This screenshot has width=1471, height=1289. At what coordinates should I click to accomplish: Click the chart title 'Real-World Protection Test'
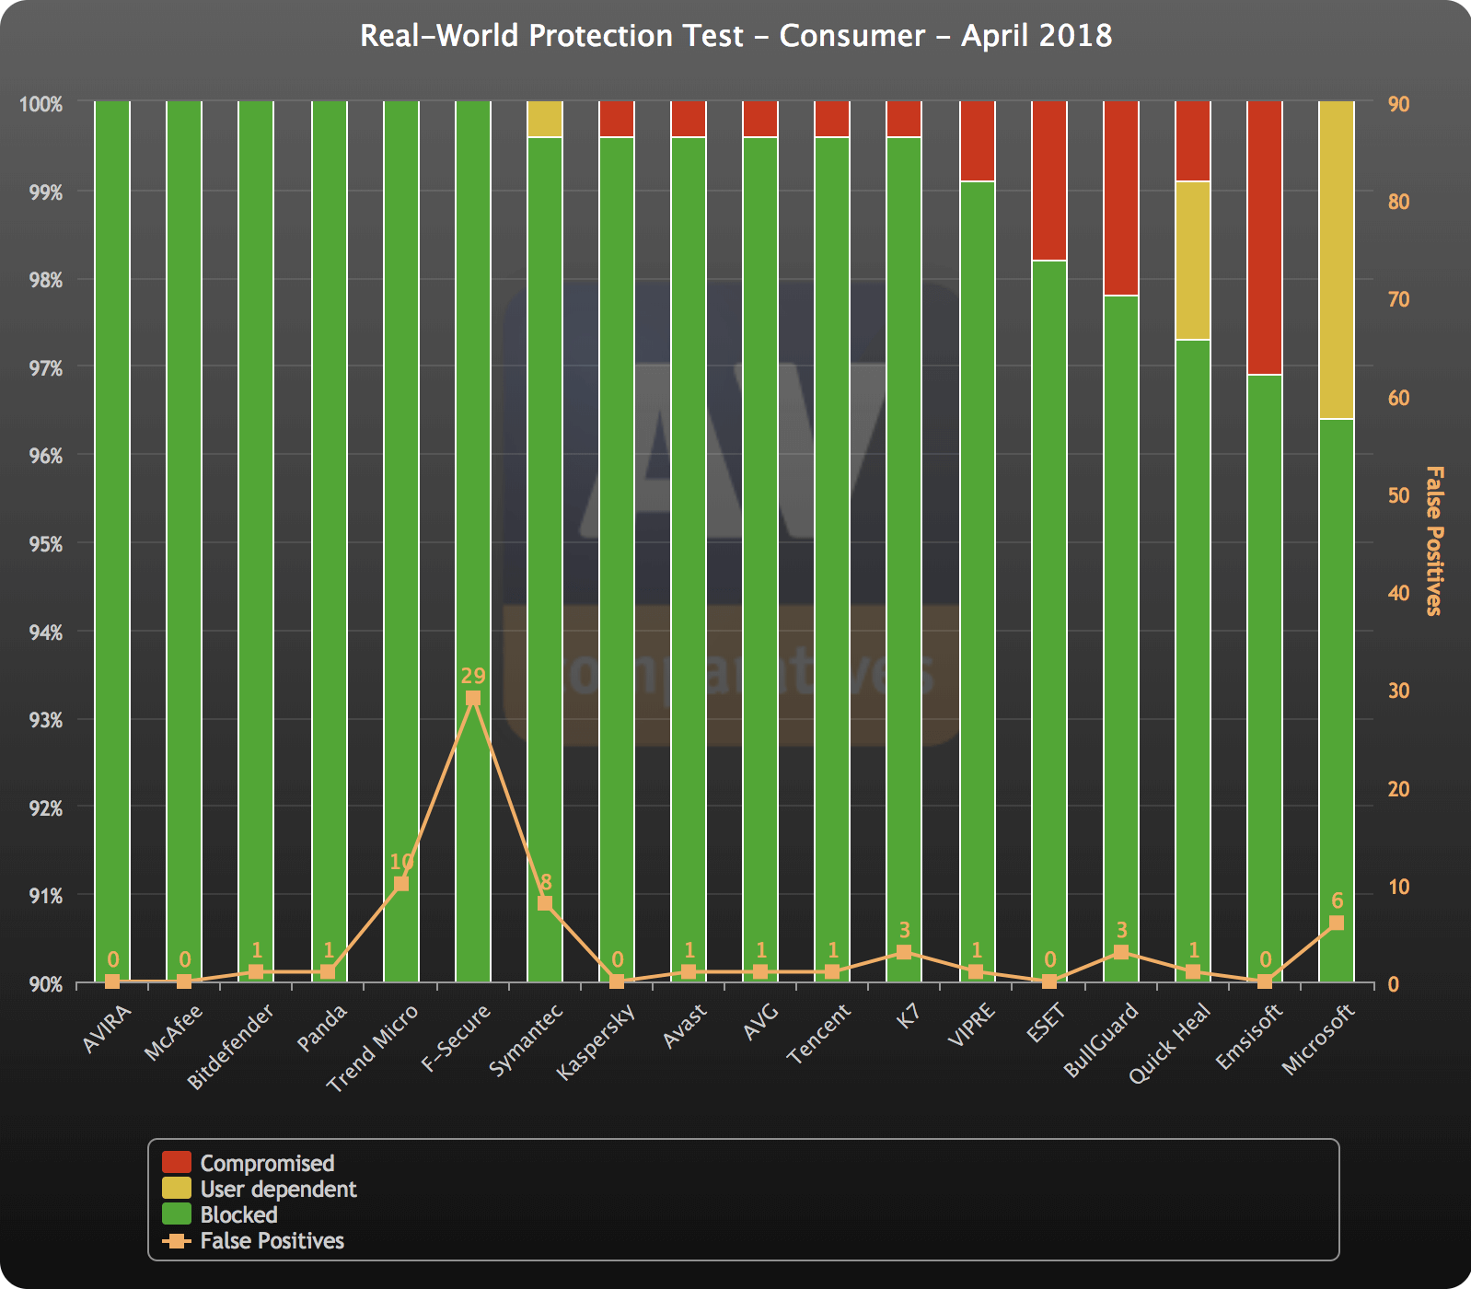(x=551, y=35)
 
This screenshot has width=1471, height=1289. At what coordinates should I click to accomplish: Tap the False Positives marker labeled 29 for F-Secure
(x=473, y=698)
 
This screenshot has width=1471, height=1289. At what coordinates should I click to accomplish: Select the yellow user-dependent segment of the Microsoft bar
(x=1337, y=260)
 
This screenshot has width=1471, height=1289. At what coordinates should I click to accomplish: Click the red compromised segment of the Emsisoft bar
(x=1265, y=238)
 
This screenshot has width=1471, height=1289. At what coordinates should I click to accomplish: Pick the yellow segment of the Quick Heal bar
(x=1193, y=261)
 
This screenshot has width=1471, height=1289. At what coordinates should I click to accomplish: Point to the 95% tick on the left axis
(x=44, y=544)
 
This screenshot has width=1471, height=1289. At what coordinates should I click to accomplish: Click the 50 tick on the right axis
(x=1399, y=495)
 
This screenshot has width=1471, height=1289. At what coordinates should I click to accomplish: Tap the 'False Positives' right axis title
(x=1434, y=540)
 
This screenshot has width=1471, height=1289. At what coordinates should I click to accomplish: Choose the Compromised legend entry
(x=249, y=1163)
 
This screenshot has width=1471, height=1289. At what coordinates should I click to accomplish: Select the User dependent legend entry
(x=260, y=1189)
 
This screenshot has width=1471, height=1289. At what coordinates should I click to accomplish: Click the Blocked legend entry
(x=220, y=1214)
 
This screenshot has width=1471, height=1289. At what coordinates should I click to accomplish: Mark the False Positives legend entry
(x=253, y=1240)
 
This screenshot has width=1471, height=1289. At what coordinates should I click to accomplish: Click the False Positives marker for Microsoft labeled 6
(x=1337, y=923)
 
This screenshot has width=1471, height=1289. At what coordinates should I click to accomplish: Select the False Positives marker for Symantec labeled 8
(x=545, y=903)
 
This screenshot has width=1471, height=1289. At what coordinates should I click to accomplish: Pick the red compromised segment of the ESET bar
(x=1049, y=180)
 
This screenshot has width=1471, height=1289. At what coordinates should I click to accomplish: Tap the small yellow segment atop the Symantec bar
(x=545, y=119)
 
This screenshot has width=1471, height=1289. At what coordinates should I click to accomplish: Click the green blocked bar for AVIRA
(x=112, y=541)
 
